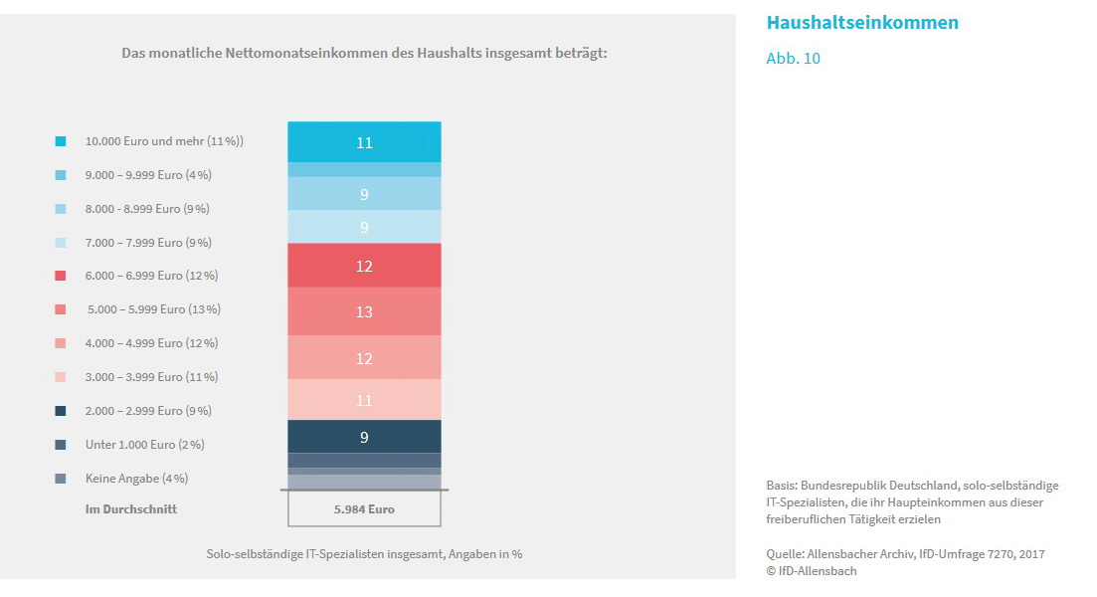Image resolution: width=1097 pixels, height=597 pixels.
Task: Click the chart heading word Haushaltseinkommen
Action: click(862, 23)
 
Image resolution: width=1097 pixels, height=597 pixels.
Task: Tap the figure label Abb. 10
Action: click(793, 59)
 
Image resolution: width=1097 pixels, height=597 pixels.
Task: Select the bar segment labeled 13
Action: click(364, 311)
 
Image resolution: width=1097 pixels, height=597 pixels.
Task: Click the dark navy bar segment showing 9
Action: click(364, 436)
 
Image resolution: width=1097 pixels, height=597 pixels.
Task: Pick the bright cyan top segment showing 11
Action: click(364, 142)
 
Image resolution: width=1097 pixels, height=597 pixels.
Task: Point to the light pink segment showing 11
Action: click(364, 400)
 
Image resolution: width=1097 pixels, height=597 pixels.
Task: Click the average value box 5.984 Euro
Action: click(364, 509)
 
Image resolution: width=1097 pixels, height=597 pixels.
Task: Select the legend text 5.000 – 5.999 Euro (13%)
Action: click(154, 309)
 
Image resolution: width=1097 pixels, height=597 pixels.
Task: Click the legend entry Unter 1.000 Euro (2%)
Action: click(145, 445)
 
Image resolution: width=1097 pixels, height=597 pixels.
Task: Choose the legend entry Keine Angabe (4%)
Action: click(136, 479)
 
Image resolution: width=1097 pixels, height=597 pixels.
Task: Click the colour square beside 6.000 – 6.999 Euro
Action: click(61, 276)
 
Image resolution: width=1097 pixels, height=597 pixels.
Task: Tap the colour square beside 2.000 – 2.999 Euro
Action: click(61, 411)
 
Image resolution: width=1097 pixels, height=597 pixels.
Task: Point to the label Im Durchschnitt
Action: click(131, 509)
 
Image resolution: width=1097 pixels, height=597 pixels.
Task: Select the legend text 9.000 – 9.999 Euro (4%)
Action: click(148, 175)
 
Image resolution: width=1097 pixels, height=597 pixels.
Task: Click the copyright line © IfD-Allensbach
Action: click(811, 571)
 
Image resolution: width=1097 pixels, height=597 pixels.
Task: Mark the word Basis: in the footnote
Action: click(784, 486)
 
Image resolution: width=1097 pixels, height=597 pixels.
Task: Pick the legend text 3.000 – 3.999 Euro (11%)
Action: click(151, 377)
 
